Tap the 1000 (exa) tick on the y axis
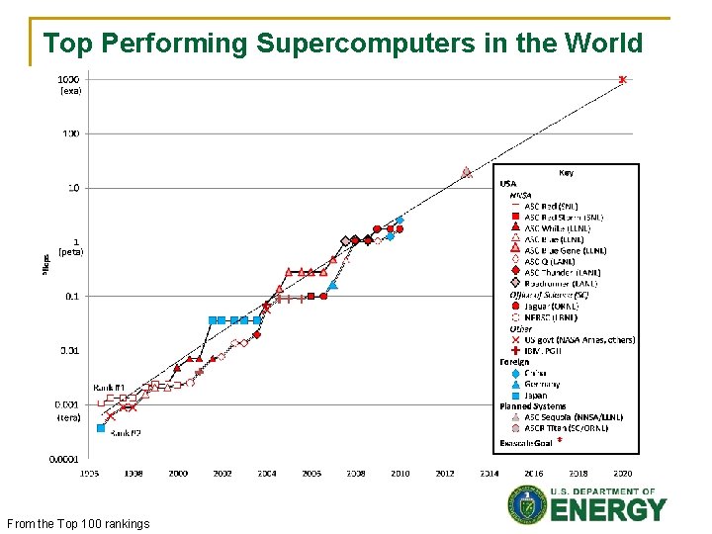tap(69, 83)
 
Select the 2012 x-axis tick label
tap(445, 474)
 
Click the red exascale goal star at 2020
tap(622, 79)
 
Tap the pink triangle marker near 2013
tap(466, 172)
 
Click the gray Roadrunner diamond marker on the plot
tap(345, 240)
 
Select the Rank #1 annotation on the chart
tap(108, 387)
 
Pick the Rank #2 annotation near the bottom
tap(125, 433)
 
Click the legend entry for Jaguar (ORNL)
tap(550, 307)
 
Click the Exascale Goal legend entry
tap(526, 443)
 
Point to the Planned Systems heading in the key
tap(533, 406)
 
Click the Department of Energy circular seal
tap(526, 505)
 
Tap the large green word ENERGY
tap(608, 511)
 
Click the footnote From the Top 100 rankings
tap(77, 523)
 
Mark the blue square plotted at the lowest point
tap(101, 428)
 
